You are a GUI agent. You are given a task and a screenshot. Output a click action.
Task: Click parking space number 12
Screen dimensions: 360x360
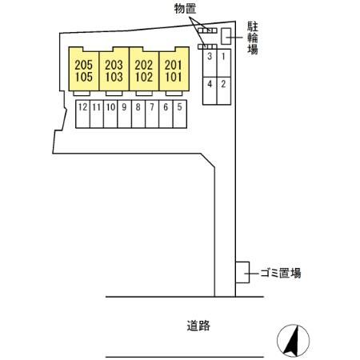pyautogui.click(x=82, y=114)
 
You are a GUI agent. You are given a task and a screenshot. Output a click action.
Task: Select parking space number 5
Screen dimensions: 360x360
pyautogui.click(x=180, y=114)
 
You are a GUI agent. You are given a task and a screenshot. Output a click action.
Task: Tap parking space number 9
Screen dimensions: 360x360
pyautogui.click(x=124, y=114)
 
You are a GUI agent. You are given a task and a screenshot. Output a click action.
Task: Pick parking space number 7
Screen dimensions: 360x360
pyautogui.click(x=152, y=114)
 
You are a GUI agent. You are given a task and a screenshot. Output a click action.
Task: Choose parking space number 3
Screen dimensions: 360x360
pyautogui.click(x=210, y=63)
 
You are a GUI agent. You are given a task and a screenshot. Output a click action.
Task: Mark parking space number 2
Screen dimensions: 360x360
pyautogui.click(x=224, y=91)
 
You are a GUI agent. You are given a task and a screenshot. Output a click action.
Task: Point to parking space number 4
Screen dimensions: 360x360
pyautogui.click(x=210, y=91)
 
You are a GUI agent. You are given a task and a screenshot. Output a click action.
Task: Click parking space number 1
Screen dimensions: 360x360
pyautogui.click(x=224, y=63)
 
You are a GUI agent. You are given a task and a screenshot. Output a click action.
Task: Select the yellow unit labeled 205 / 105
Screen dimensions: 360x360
pyautogui.click(x=84, y=70)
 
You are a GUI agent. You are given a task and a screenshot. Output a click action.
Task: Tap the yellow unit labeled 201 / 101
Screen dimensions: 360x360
pyautogui.click(x=174, y=70)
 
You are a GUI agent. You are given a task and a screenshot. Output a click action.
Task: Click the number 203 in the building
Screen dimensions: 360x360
pyautogui.click(x=114, y=65)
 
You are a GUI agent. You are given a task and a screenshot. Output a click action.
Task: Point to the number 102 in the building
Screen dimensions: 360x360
pyautogui.click(x=144, y=77)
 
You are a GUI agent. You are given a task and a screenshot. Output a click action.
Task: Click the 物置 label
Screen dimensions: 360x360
pyautogui.click(x=185, y=9)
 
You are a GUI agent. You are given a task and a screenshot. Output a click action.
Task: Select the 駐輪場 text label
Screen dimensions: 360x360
pyautogui.click(x=253, y=38)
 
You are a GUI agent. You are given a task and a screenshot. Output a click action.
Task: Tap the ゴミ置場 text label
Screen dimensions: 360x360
pyautogui.click(x=281, y=273)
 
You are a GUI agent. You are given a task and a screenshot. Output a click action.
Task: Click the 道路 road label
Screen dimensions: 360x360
pyautogui.click(x=198, y=326)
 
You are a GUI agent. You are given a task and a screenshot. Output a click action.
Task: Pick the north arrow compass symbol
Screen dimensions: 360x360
pyautogui.click(x=293, y=341)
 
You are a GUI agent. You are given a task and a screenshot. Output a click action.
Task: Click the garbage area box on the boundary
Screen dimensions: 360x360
pyautogui.click(x=242, y=272)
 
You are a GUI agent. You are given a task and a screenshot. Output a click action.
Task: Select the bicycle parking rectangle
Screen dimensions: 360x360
pyautogui.click(x=226, y=36)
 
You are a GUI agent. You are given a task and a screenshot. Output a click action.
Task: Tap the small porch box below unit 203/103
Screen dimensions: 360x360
pyautogui.click(x=114, y=94)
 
